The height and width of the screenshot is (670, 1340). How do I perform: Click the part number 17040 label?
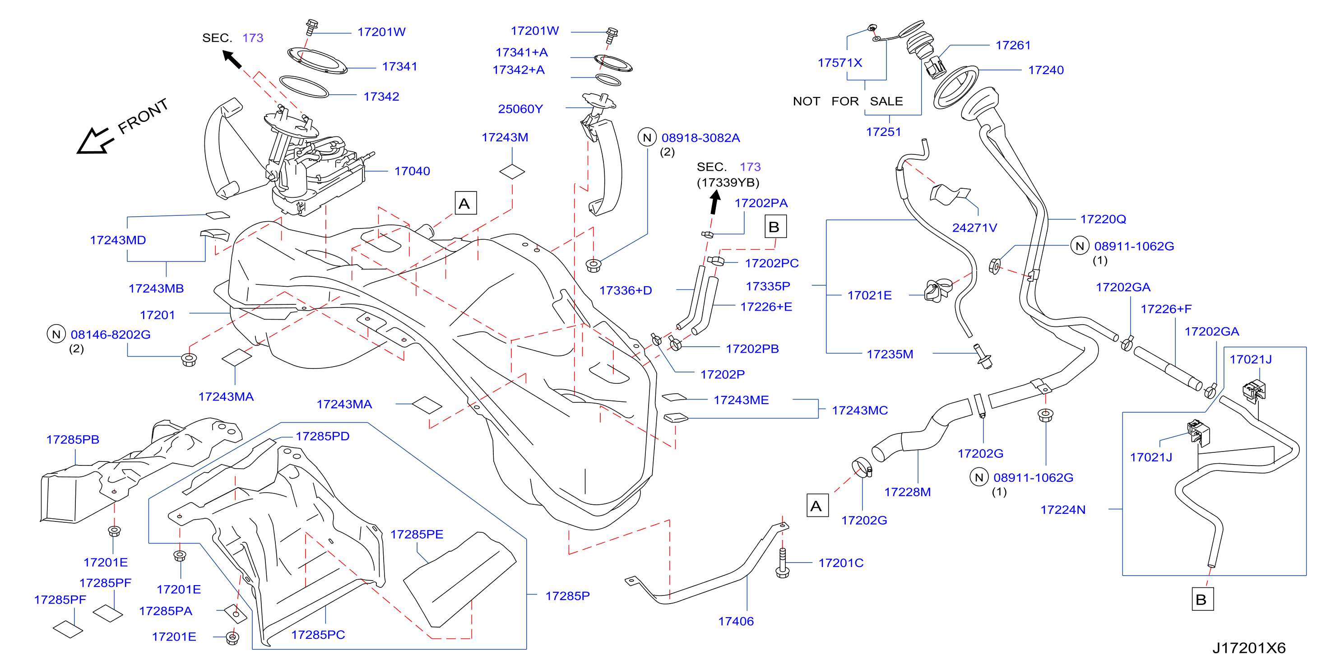(412, 171)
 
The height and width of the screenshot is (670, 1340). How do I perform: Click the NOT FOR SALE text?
(848, 101)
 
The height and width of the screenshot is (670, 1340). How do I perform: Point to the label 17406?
(736, 621)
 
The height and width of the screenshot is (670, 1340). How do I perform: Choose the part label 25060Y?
(520, 109)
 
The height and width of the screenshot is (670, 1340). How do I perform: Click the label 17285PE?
(417, 534)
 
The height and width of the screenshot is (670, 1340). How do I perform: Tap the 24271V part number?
(974, 228)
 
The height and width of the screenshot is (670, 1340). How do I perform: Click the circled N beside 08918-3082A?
(647, 137)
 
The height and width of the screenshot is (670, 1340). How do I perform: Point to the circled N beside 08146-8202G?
(56, 334)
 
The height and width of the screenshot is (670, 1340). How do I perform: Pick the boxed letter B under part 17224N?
(1201, 599)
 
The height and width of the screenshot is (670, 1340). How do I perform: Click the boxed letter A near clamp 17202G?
(817, 506)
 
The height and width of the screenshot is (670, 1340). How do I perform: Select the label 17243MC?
(859, 410)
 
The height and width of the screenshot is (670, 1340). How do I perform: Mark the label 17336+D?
(625, 290)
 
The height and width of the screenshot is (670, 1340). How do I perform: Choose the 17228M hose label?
(907, 492)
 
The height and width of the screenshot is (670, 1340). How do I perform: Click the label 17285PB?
(72, 440)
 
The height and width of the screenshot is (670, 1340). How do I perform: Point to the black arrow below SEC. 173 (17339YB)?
(715, 203)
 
